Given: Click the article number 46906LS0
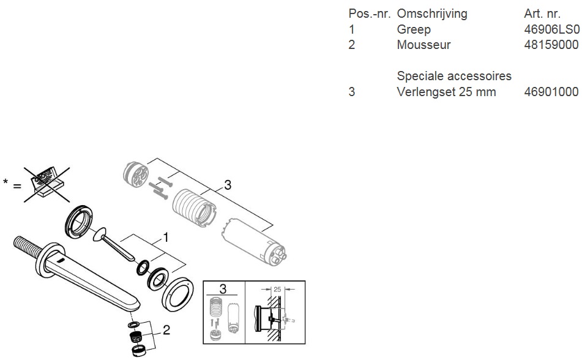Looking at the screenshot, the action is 551,29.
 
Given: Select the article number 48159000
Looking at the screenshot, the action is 551,45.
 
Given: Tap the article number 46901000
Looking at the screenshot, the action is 551,92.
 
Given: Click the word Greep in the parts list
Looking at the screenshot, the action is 414,30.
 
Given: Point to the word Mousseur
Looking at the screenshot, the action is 423,45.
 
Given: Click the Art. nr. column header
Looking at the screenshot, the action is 542,13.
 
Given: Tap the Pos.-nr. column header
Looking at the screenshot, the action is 369,13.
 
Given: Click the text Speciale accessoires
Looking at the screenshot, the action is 454,76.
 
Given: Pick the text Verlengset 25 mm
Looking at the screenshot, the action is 446,92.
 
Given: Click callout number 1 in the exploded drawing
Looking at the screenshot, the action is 166,238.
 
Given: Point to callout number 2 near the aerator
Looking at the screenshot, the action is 166,329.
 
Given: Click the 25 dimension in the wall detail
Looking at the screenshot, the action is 277,290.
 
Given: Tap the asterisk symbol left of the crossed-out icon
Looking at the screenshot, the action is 6,182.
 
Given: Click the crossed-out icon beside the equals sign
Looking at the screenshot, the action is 47,185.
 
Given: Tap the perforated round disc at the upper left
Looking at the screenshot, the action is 135,174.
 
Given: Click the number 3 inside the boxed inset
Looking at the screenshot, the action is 223,289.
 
